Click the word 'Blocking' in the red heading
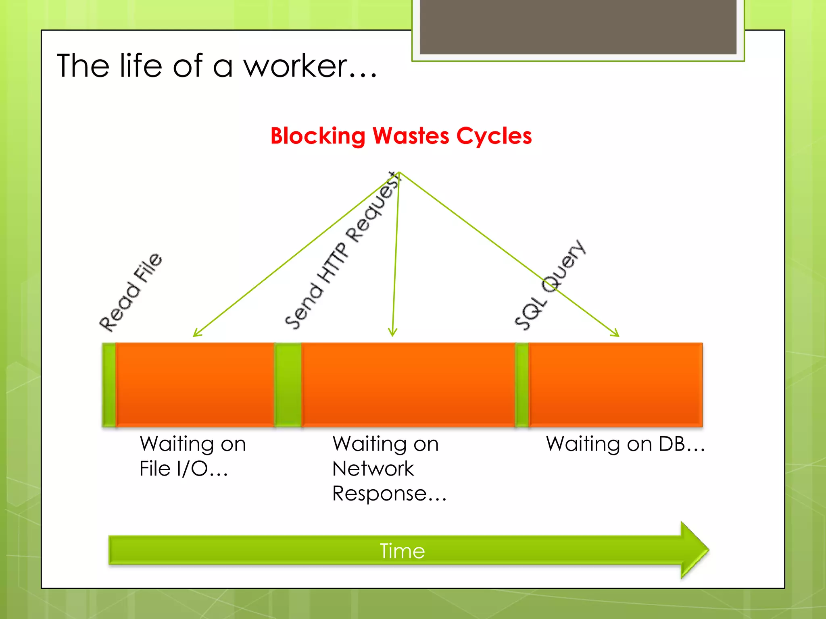tap(317, 136)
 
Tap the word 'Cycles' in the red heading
tap(494, 136)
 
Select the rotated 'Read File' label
tap(131, 292)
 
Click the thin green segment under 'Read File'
tap(108, 384)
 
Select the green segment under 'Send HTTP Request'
tap(288, 384)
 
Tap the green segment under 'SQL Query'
tap(522, 384)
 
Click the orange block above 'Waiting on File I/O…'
tap(195, 384)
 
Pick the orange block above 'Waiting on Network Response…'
tap(408, 384)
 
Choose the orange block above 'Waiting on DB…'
tap(615, 384)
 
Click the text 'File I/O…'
tap(184, 469)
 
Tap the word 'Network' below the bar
tap(373, 469)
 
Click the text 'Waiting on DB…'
tap(625, 444)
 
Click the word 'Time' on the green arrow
tap(402, 551)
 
